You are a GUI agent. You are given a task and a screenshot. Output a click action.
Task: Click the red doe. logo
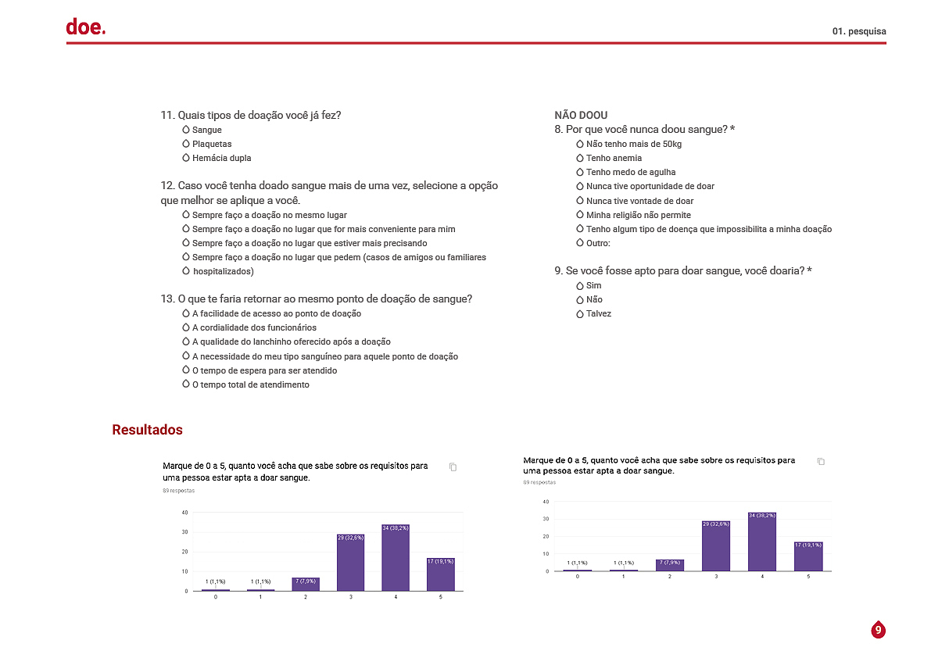click(85, 27)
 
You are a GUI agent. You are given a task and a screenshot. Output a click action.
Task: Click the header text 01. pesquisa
click(859, 31)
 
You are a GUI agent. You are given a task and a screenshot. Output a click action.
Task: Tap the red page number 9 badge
click(878, 629)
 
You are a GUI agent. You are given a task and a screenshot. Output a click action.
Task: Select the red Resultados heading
click(147, 430)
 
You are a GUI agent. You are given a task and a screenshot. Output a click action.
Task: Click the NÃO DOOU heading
click(581, 115)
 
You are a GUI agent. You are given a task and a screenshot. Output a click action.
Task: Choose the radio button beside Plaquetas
click(186, 144)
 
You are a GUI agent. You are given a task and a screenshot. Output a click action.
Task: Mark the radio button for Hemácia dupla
click(186, 158)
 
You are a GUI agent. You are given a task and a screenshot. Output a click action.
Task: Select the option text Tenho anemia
click(614, 158)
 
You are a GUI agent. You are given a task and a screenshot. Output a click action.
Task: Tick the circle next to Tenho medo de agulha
click(580, 172)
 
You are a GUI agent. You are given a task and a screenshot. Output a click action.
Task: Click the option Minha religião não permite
click(638, 215)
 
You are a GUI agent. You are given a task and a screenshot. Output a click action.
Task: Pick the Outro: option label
click(598, 243)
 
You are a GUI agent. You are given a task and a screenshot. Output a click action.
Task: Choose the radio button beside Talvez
click(580, 313)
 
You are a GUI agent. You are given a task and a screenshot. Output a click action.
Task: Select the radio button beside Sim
click(580, 285)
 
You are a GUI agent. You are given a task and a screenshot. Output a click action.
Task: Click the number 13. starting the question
click(167, 299)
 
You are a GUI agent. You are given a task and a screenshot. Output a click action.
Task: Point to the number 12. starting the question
click(167, 186)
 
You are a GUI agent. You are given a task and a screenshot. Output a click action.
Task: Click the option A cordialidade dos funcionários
click(254, 327)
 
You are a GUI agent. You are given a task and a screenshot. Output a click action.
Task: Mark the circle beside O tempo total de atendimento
click(186, 384)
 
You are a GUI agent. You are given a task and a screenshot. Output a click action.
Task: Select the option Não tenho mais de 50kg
click(634, 144)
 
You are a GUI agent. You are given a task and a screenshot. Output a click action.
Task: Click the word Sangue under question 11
click(206, 130)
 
